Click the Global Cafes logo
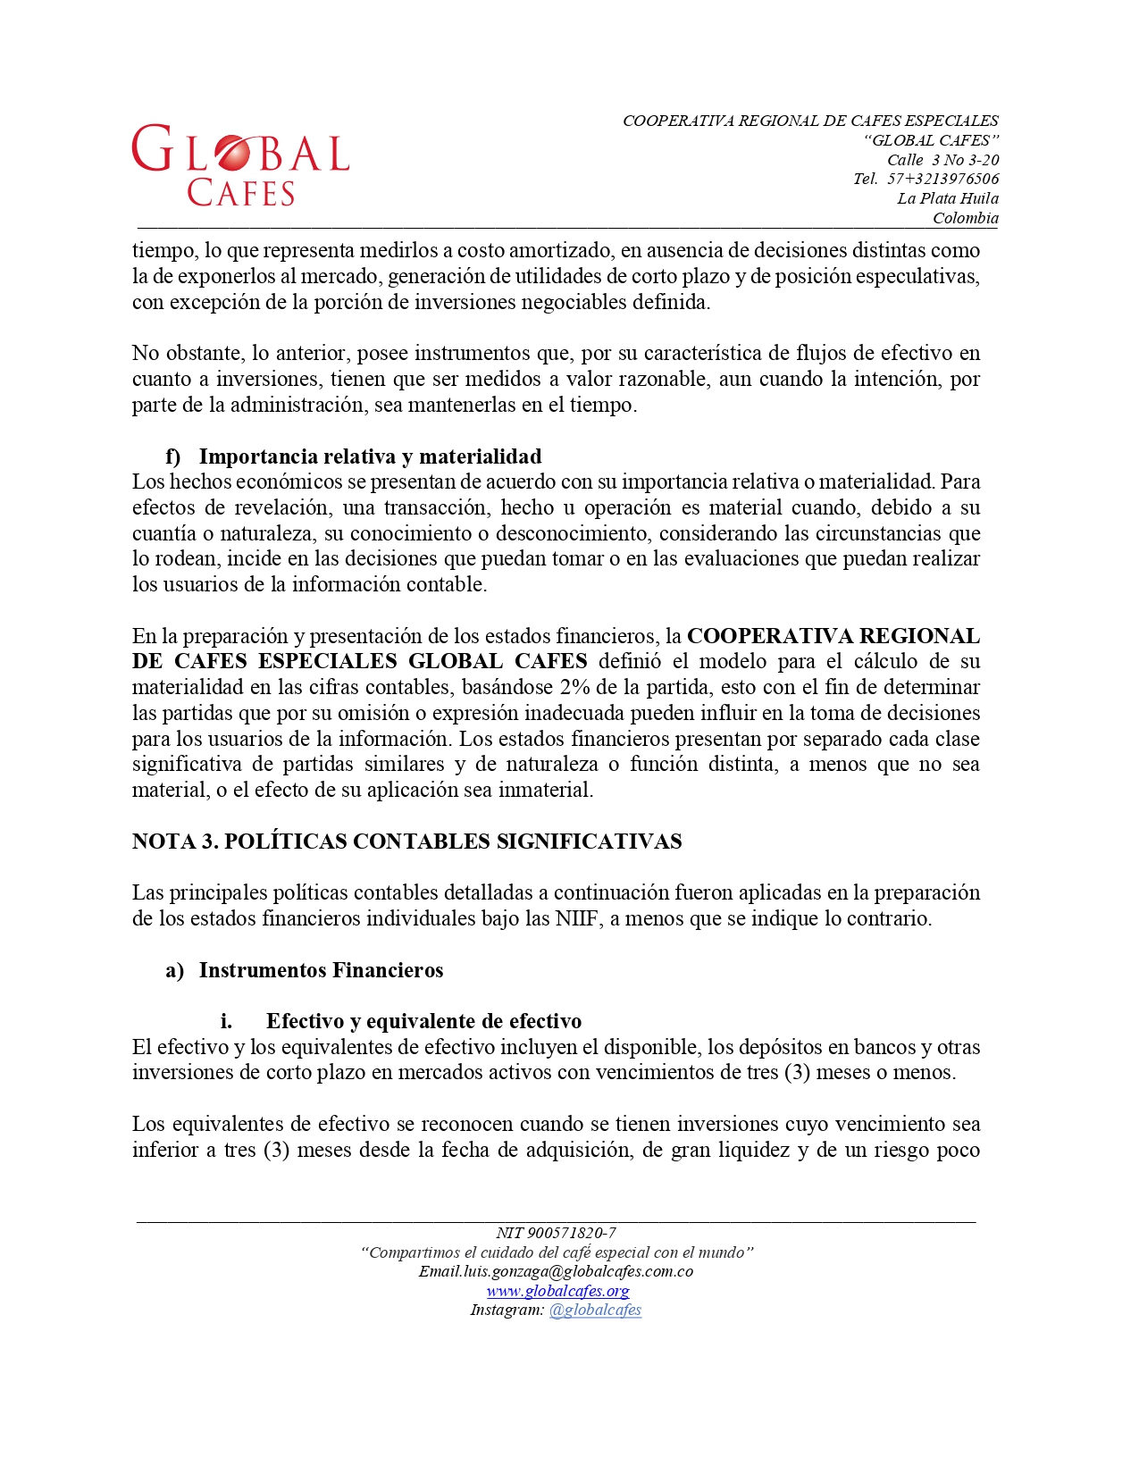[240, 166]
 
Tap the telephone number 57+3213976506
[942, 179]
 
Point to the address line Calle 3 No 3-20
[942, 160]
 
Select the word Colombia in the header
[965, 218]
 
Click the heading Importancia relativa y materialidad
[370, 456]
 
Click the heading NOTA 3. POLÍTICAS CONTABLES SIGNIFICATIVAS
[406, 842]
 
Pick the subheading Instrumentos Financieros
[321, 970]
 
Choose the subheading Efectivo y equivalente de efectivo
[423, 1021]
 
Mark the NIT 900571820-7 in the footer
[556, 1233]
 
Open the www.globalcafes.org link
[557, 1291]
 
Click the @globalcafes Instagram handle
[595, 1310]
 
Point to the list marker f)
[172, 456]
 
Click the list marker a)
[174, 970]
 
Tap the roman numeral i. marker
[226, 1021]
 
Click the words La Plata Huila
[948, 198]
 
